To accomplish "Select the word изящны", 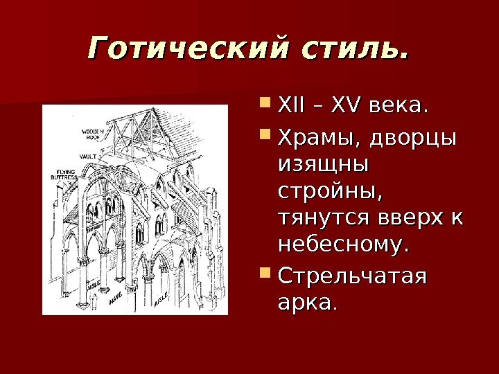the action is pyautogui.click(x=323, y=166).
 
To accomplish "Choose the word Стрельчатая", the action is pyautogui.click(x=352, y=277).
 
